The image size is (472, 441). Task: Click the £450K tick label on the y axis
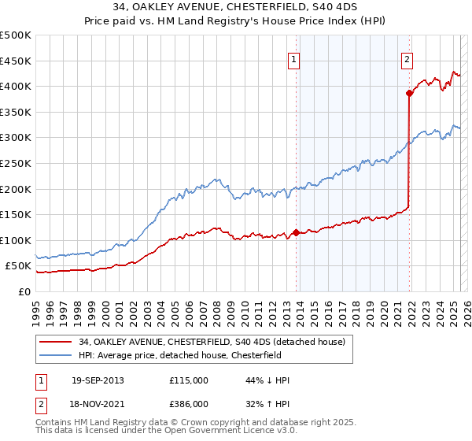[16, 61]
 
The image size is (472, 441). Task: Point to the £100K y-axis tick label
[16, 240]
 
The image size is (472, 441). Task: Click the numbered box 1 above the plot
[293, 60]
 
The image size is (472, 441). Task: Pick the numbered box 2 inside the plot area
[407, 60]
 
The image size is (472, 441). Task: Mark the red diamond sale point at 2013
[296, 232]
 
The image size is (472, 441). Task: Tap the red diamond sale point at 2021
[410, 93]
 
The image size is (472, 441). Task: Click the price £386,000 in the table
[189, 403]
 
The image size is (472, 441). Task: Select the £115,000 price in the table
[189, 380]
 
